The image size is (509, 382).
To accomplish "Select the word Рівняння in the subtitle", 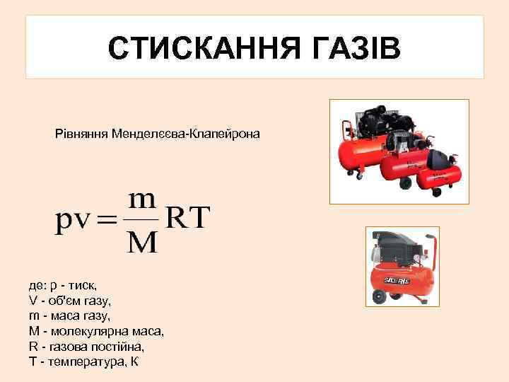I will pos(81,134).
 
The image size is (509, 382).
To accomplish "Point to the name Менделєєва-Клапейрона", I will pos(185,134).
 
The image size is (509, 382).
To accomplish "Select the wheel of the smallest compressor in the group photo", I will pos(437,191).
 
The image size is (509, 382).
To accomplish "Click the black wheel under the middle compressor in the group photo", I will pos(405,183).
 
